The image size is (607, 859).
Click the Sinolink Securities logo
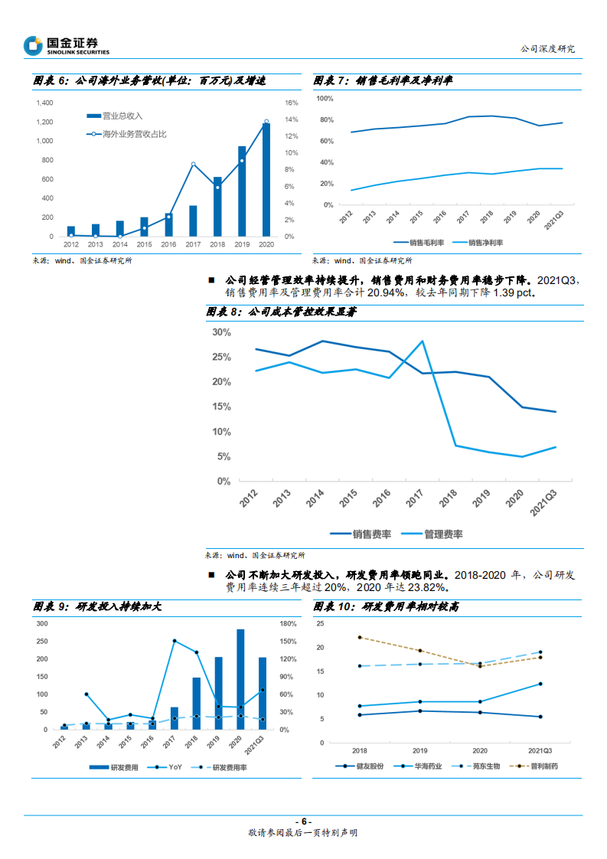[x=67, y=46]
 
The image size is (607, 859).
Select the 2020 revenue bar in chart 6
[x=266, y=180]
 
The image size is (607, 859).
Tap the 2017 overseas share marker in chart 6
[x=193, y=164]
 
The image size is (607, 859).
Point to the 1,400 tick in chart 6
[x=44, y=103]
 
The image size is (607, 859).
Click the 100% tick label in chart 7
[x=324, y=99]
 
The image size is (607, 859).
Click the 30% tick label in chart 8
[x=221, y=332]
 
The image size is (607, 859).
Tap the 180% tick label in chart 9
[x=288, y=623]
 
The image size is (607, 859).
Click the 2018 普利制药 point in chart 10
[x=359, y=637]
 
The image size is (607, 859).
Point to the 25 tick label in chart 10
[x=320, y=624]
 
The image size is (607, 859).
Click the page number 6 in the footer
[x=303, y=821]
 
